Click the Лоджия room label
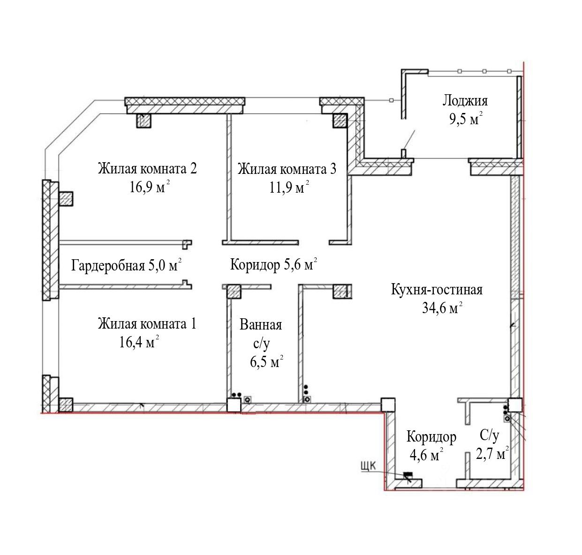click(465, 101)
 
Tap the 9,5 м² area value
click(466, 119)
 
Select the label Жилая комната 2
click(147, 169)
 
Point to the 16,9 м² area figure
click(150, 187)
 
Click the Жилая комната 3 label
click(287, 169)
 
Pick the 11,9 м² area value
click(289, 187)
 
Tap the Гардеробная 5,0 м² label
click(126, 265)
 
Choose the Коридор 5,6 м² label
click(273, 264)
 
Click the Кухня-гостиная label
click(437, 290)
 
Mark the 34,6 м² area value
click(442, 308)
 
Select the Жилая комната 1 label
click(147, 324)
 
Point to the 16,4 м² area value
click(139, 342)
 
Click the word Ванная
click(260, 325)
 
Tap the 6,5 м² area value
click(267, 361)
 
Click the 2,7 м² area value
click(492, 453)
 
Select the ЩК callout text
click(369, 466)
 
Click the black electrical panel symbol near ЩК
click(408, 474)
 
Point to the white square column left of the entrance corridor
click(388, 405)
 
